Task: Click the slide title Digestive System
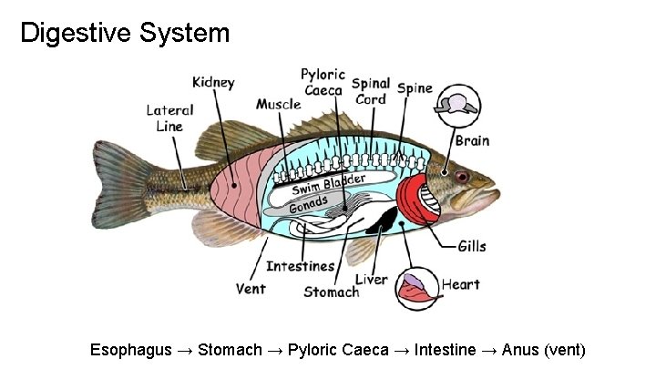coord(125,34)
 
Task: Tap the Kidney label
coord(212,83)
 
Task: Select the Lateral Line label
coord(169,118)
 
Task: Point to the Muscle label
coord(278,104)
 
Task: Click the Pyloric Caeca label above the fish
coord(323,81)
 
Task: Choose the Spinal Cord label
coord(370,91)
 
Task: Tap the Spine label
coord(415,88)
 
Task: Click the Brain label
coord(472,140)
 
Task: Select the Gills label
coord(472,246)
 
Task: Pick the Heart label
coord(460,284)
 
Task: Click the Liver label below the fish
coord(371,280)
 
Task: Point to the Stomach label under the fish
coord(331,292)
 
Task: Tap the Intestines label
coord(300,267)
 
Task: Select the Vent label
coord(251,289)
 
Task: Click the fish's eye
coord(462,175)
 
